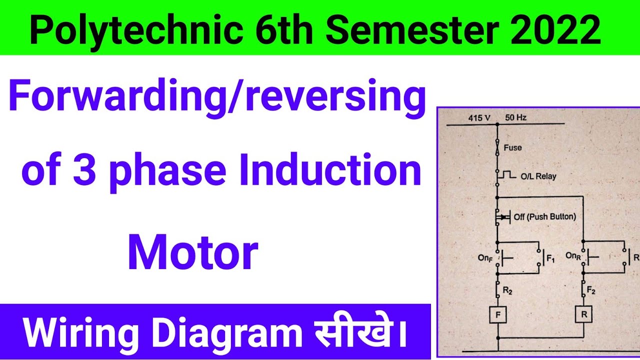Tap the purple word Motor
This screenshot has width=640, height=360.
[193, 253]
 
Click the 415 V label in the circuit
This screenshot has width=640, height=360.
[478, 118]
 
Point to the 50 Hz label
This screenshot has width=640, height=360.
[515, 118]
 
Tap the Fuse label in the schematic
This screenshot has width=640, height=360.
[512, 147]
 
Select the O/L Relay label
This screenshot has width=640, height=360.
[537, 176]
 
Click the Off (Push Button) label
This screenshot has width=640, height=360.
[544, 217]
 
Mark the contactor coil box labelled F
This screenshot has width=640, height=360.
[498, 315]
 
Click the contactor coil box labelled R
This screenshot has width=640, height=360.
[583, 315]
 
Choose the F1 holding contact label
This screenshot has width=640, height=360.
[551, 259]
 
